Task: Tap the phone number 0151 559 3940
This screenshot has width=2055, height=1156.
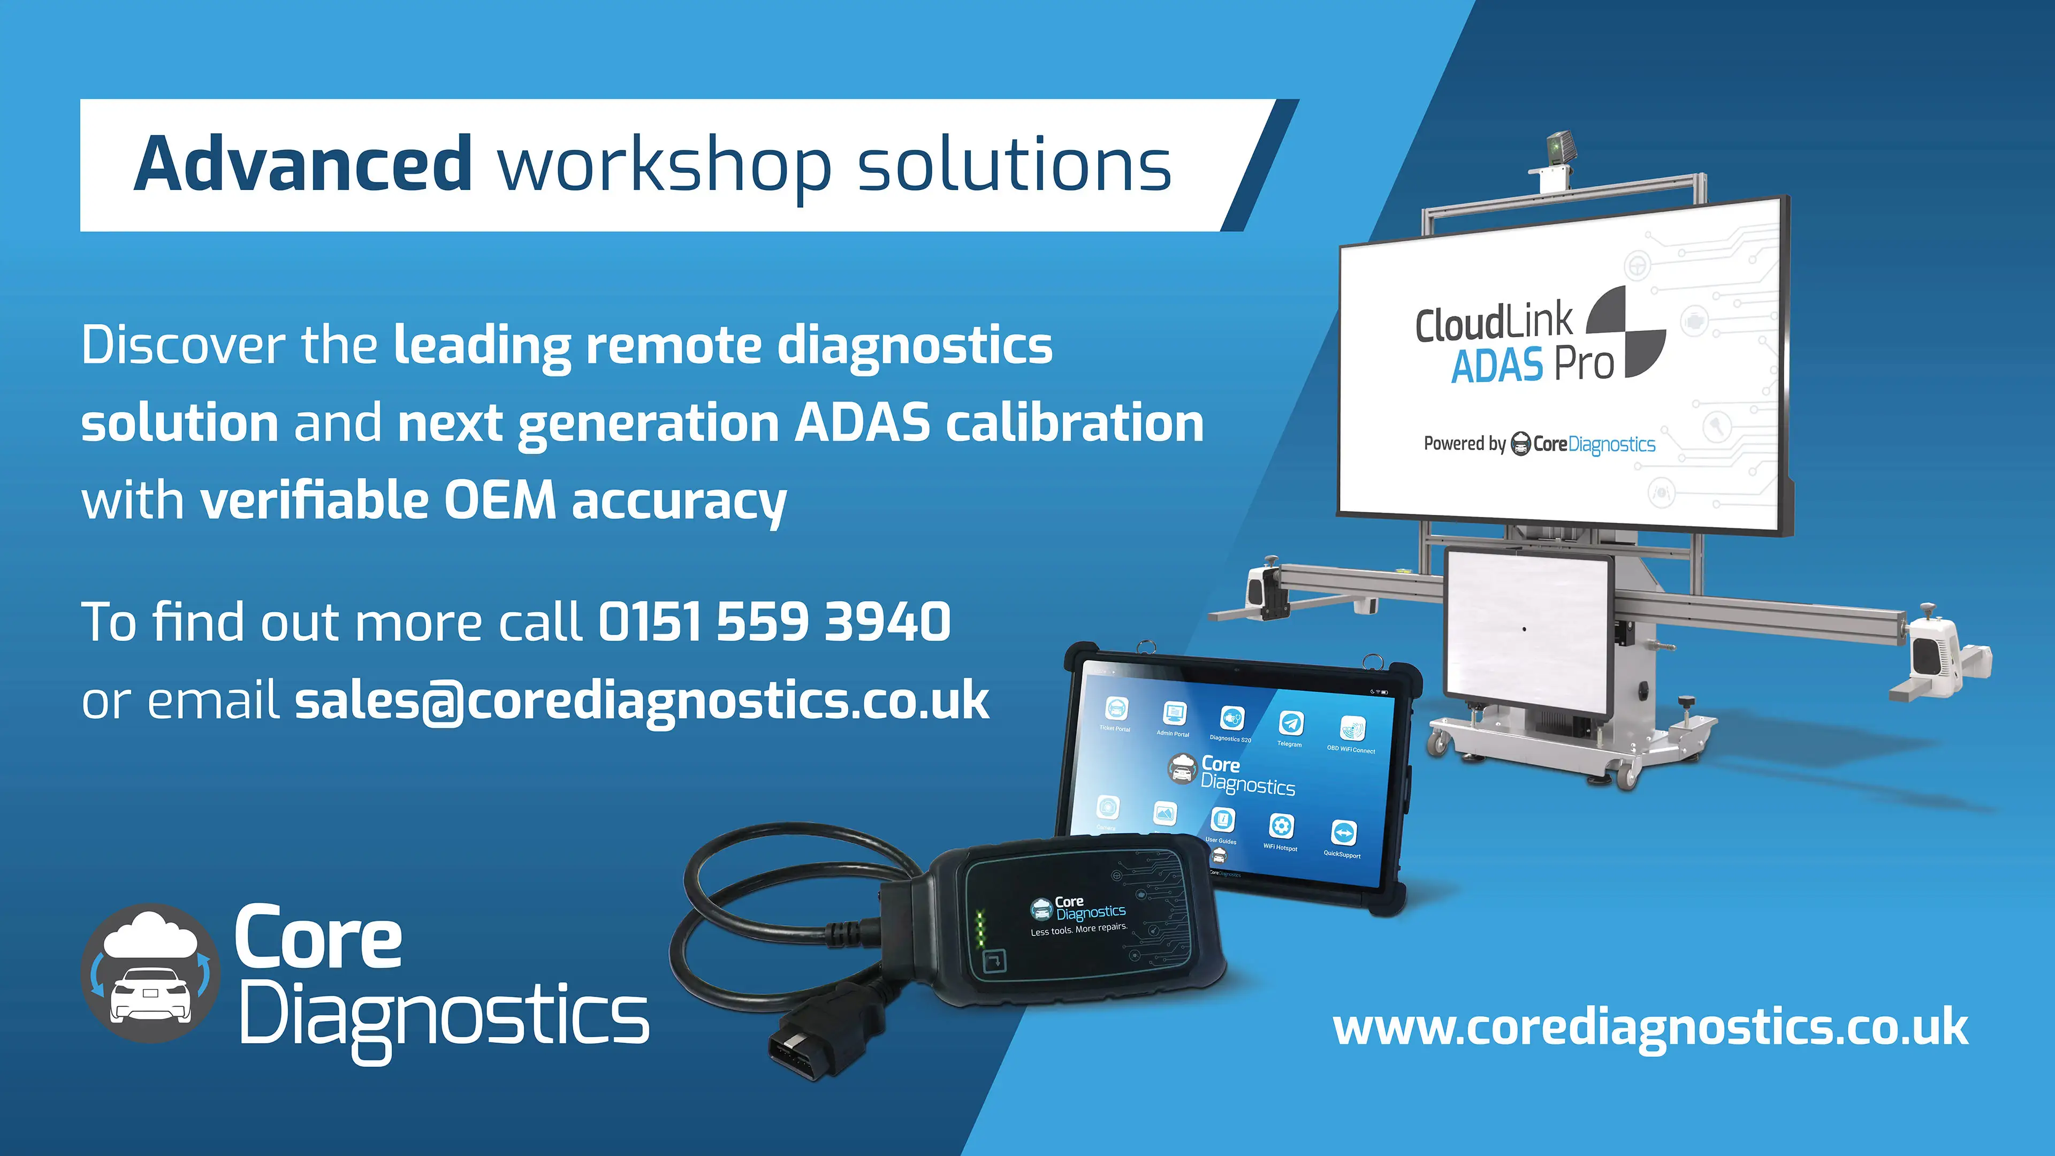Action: click(x=774, y=622)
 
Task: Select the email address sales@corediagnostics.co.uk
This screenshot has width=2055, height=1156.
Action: click(x=642, y=701)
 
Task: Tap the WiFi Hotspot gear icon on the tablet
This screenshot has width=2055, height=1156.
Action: click(x=1281, y=826)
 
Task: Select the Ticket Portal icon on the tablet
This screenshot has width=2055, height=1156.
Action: click(x=1116, y=708)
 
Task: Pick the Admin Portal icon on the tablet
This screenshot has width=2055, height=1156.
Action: click(x=1174, y=712)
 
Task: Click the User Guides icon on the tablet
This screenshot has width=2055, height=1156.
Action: click(x=1222, y=820)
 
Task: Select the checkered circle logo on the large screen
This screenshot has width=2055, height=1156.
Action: click(x=1626, y=331)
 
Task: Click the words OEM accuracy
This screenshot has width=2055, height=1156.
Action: click(x=614, y=501)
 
